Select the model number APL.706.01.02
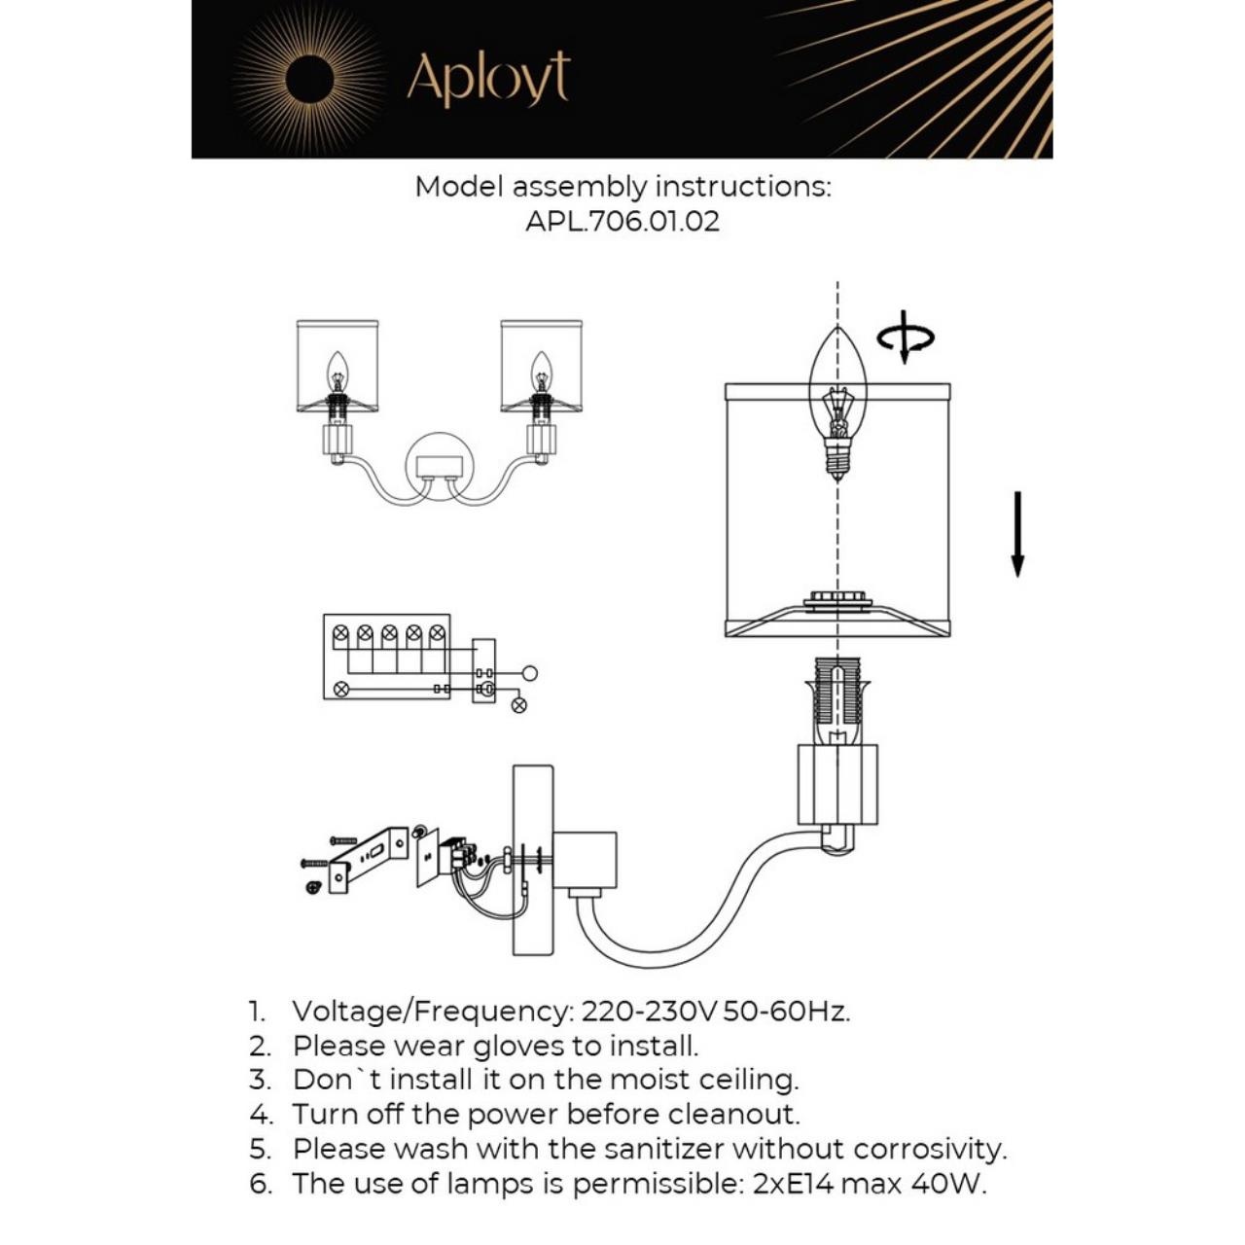point(622,221)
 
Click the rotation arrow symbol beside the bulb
point(905,338)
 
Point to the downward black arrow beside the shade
point(1017,534)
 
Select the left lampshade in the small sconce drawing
point(337,365)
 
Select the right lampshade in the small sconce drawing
point(542,365)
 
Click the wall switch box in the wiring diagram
point(483,671)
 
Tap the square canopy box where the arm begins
point(585,860)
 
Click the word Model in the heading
point(459,187)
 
